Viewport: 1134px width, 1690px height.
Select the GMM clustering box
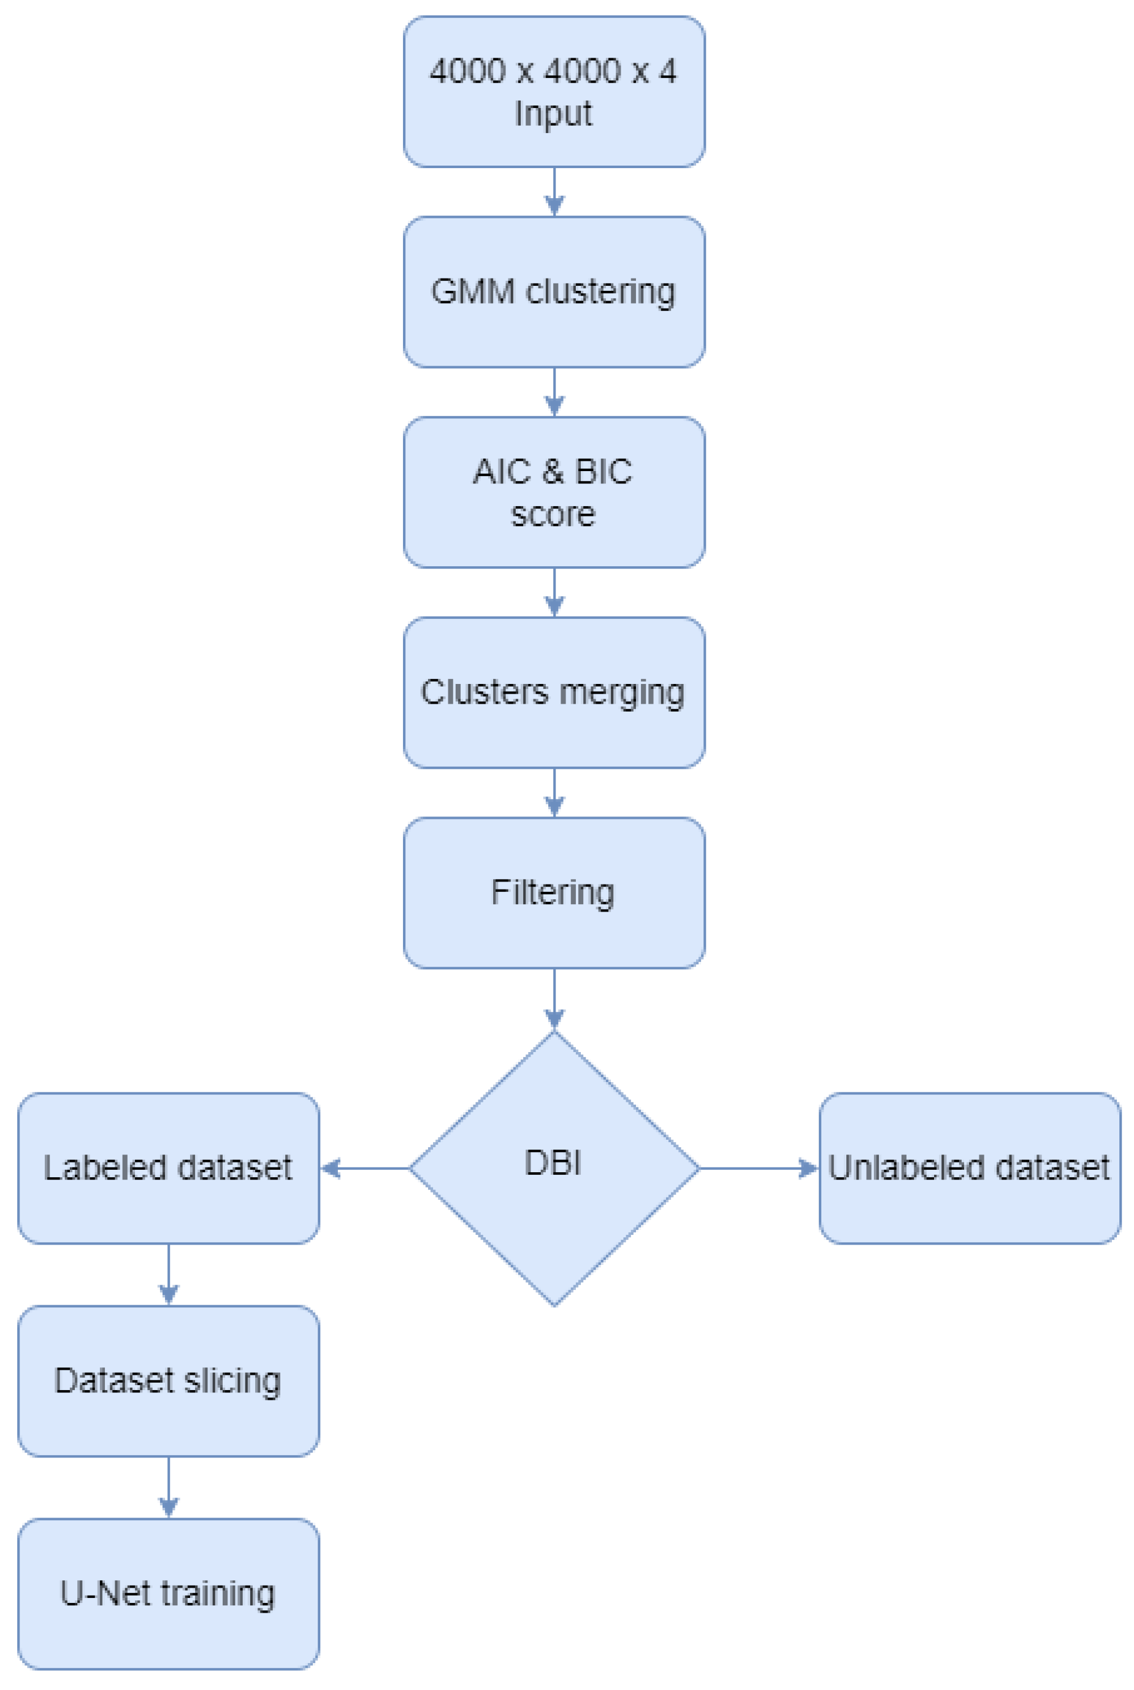[x=554, y=291]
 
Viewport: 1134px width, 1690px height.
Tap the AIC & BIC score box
[x=554, y=492]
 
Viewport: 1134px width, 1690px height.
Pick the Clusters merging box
[x=554, y=692]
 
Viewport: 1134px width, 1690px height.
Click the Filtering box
[x=554, y=893]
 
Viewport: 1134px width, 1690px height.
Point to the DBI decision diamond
[x=554, y=1168]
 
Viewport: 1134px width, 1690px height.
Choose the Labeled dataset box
[x=169, y=1168]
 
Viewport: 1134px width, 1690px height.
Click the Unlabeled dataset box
[x=970, y=1168]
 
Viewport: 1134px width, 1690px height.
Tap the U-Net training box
[x=169, y=1593]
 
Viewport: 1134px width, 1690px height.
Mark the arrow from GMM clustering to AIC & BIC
[x=554, y=393]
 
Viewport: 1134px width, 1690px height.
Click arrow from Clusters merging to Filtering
[x=554, y=793]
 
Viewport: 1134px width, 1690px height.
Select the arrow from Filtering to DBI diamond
[x=554, y=999]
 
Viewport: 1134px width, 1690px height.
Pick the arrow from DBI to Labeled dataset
[x=366, y=1168]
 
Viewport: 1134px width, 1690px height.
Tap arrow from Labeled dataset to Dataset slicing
[x=169, y=1274]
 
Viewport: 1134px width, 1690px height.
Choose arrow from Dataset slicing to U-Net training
[x=169, y=1487]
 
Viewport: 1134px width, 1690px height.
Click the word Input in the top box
[x=553, y=113]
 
